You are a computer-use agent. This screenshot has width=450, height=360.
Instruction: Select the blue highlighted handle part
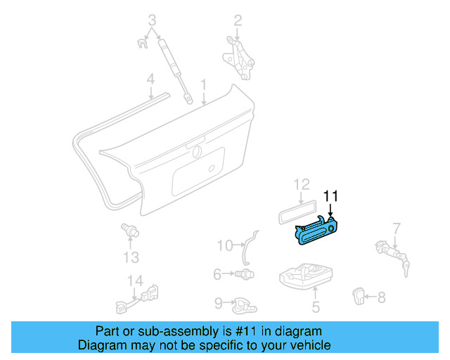[318, 231]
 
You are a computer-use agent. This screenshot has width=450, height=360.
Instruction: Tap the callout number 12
[301, 185]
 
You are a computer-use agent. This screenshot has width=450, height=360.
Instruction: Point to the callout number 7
[396, 228]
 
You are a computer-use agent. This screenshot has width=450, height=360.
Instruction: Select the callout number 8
[381, 297]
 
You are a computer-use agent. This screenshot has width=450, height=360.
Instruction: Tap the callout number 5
[316, 307]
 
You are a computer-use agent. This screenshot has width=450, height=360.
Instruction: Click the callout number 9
[218, 303]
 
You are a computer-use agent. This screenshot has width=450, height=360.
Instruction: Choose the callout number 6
[218, 274]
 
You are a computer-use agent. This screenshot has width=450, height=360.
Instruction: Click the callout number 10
[224, 245]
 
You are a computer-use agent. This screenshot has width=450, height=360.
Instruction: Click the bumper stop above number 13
[129, 230]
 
